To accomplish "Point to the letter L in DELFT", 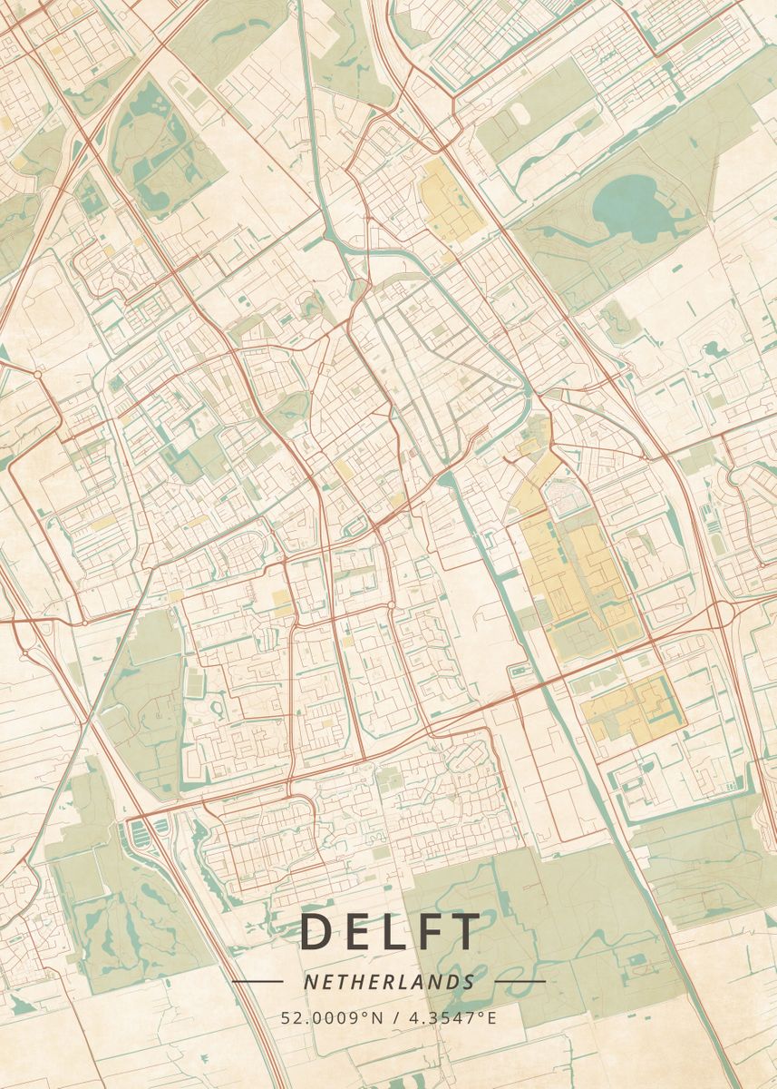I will [391, 932].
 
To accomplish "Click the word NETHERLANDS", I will [389, 982].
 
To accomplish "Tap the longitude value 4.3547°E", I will [454, 1017].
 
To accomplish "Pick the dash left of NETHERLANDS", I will [257, 981].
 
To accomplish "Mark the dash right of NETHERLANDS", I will [520, 981].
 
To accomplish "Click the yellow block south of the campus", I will [633, 706].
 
